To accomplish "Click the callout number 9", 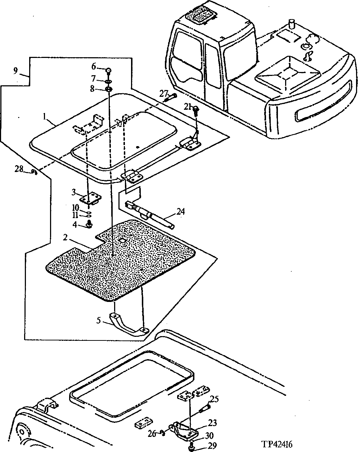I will (x=15, y=71).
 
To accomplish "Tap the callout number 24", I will (x=180, y=212).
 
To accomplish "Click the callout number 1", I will (x=45, y=117).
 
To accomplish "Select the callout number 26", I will (x=152, y=434).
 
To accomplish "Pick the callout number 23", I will (x=212, y=424).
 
